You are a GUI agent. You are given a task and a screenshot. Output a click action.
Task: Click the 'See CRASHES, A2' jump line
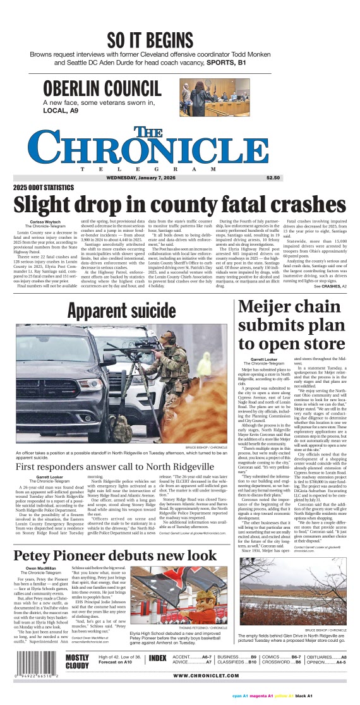pos(330,286)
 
